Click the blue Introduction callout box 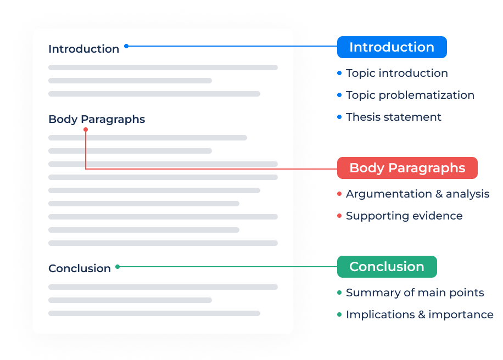[392, 47]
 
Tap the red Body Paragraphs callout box [407, 168]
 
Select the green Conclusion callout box [387, 267]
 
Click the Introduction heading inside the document [83, 49]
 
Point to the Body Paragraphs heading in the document [97, 119]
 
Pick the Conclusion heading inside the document [80, 268]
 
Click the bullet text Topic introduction [396, 73]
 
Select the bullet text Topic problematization [410, 95]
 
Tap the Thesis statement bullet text [393, 117]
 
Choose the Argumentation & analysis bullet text [417, 194]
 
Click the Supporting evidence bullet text [404, 216]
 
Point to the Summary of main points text [415, 292]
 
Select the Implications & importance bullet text [420, 314]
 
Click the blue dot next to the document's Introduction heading [126, 46]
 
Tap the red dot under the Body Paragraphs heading [85, 130]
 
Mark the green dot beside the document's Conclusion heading [118, 267]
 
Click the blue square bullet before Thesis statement [339, 117]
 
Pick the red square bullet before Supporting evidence [339, 216]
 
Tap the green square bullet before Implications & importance [339, 314]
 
